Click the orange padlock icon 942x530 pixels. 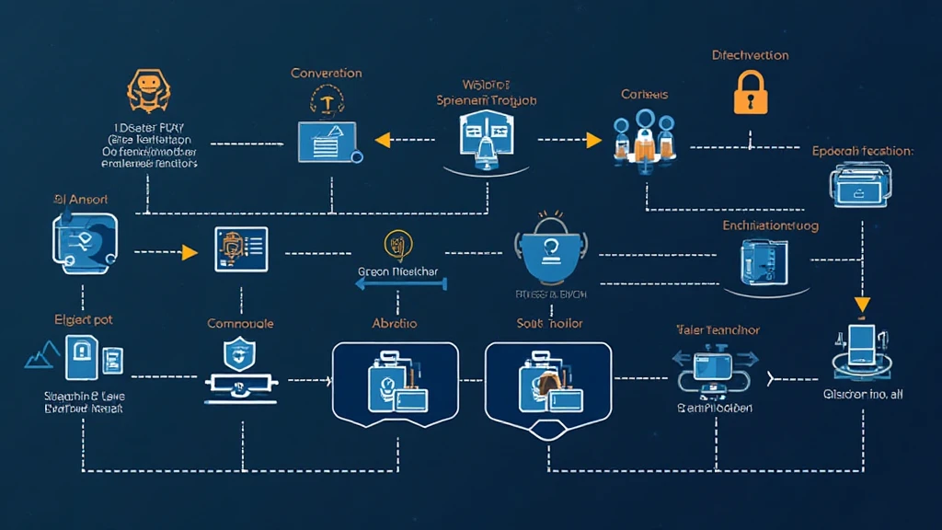tap(750, 93)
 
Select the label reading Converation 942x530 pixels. tap(326, 73)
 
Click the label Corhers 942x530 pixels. tap(644, 94)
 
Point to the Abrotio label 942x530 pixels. tap(395, 323)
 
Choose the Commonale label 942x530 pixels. tap(240, 324)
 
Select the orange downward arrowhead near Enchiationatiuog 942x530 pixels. tap(863, 305)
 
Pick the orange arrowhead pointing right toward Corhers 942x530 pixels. tap(593, 140)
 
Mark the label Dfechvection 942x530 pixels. tap(750, 55)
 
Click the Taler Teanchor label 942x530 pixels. tap(718, 329)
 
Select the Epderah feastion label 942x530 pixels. tap(862, 150)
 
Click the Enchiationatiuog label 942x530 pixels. tap(770, 225)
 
